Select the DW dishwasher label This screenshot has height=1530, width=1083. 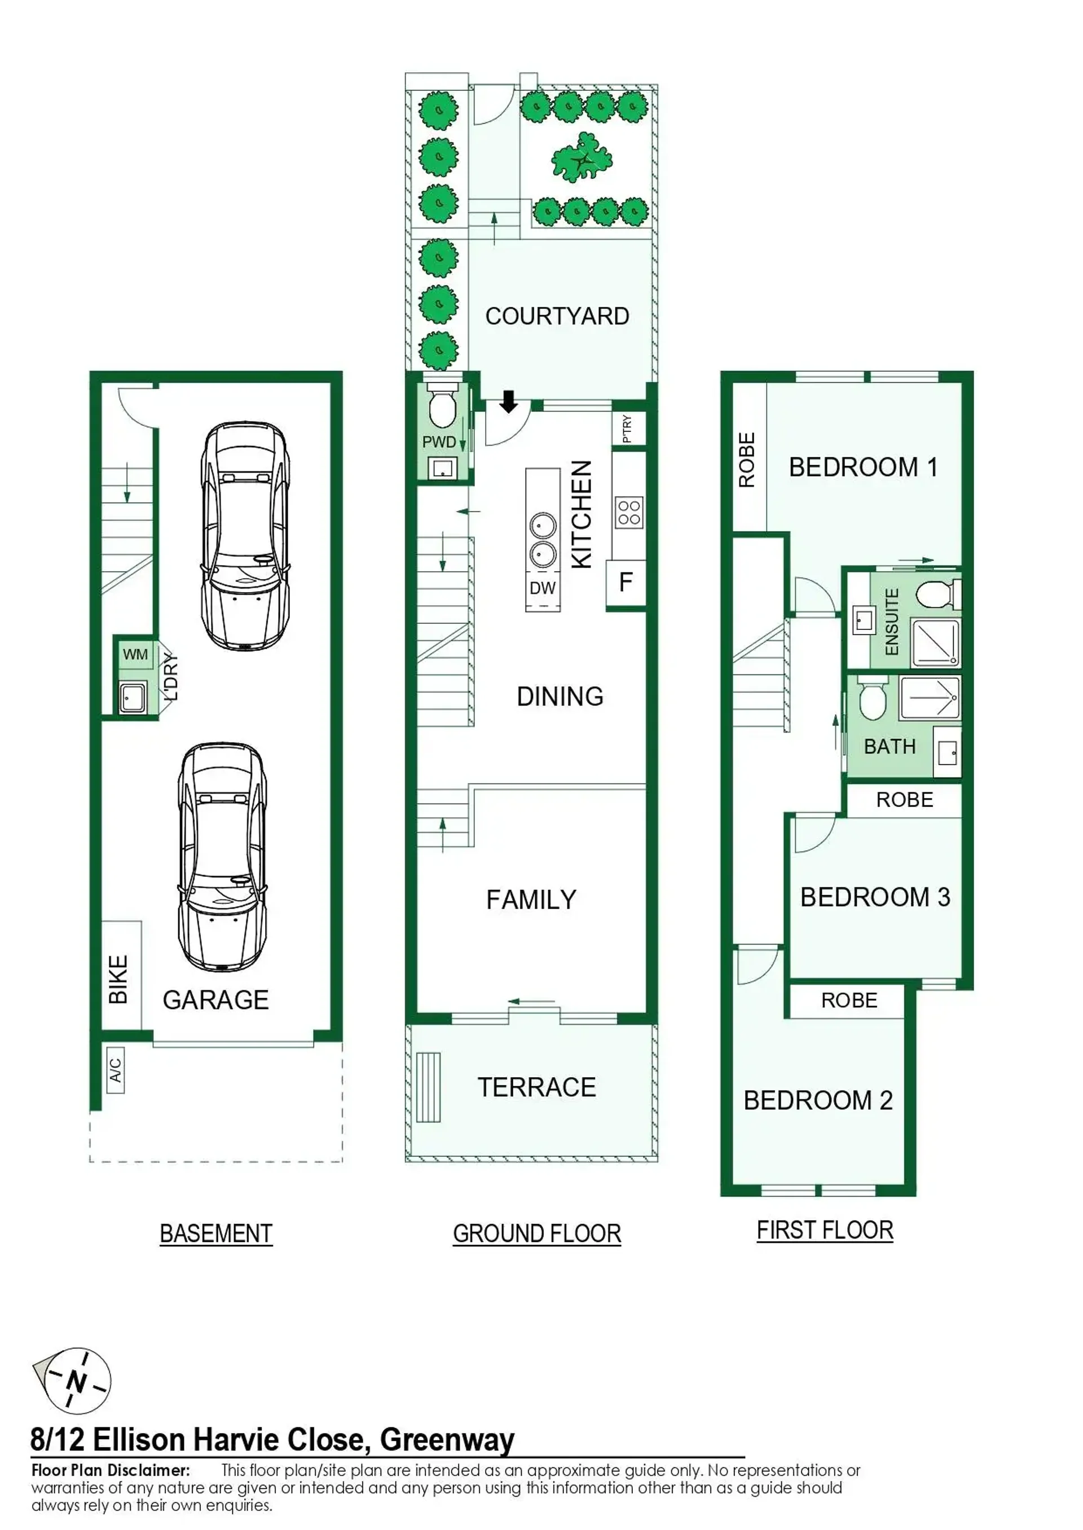pos(542,588)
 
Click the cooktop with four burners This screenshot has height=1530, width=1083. pos(628,513)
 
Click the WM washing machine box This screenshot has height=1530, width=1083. pos(135,654)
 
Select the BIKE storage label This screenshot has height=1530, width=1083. pos(118,980)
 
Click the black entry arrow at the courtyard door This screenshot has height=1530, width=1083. pos(509,402)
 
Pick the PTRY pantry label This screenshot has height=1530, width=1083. pos(627,429)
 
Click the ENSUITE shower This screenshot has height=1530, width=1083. pos(935,643)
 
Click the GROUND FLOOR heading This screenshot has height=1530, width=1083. pos(537,1234)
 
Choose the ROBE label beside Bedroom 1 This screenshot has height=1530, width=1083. pos(747,460)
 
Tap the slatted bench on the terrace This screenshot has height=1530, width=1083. pos(428,1087)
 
